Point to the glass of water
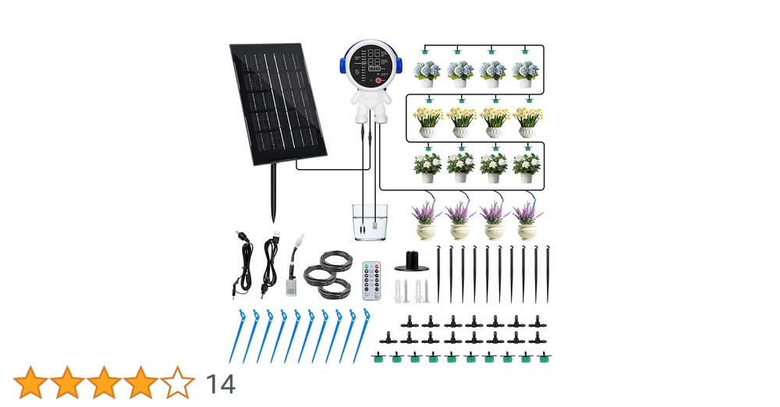click(369, 222)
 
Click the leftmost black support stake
click(438, 273)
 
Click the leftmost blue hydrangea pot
click(427, 73)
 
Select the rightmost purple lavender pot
click(527, 221)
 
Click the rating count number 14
click(221, 384)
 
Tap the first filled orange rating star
click(30, 383)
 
